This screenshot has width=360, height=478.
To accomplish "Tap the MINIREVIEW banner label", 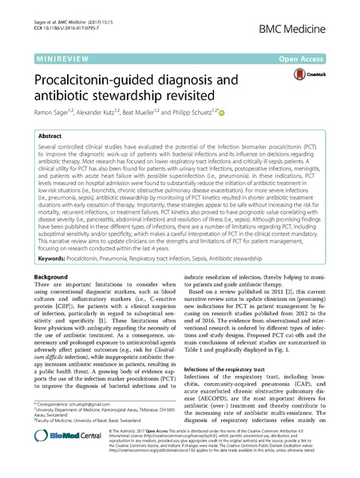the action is tap(60, 59).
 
